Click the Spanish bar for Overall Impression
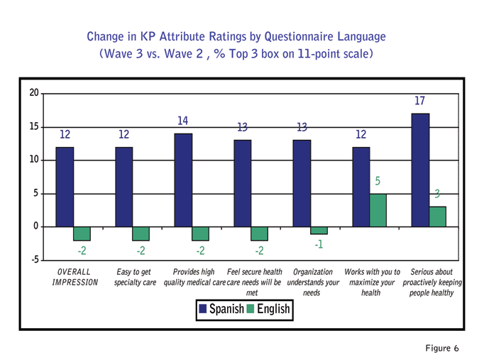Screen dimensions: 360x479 point(65,187)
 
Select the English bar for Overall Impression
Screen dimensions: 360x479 point(82,234)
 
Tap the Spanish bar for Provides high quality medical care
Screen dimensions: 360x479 point(183,180)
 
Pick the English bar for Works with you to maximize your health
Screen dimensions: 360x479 point(378,210)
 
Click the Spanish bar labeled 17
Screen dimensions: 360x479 point(420,170)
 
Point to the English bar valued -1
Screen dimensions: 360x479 point(319,231)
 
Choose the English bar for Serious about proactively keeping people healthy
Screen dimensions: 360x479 point(437,217)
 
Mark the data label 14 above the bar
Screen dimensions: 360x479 point(183,121)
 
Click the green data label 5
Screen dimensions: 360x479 point(378,182)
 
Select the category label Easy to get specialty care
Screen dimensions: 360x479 point(135,278)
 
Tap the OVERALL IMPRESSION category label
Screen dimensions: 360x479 point(74,278)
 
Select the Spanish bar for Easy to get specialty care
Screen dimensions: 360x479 point(124,187)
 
